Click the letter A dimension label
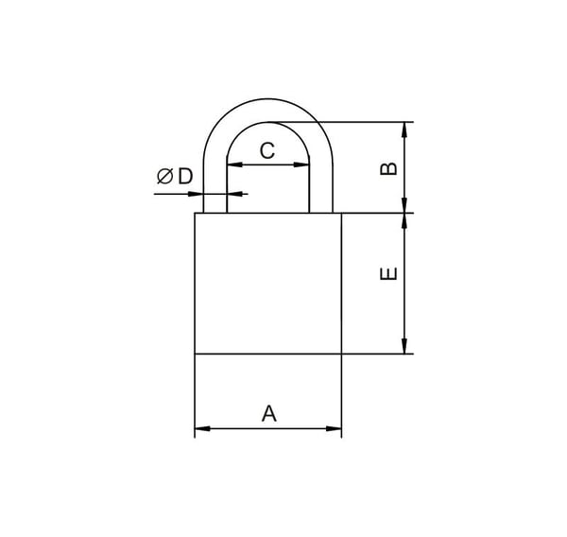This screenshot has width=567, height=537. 269,413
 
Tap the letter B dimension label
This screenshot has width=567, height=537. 388,169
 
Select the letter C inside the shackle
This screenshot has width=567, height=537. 267,150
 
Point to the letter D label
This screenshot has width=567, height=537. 185,177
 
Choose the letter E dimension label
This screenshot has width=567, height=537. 388,273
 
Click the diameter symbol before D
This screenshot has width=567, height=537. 164,177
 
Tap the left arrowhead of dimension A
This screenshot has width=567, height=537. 202,429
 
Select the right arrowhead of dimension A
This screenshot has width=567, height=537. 335,429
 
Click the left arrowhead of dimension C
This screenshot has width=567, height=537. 234,165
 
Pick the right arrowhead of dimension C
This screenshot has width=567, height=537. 301,165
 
